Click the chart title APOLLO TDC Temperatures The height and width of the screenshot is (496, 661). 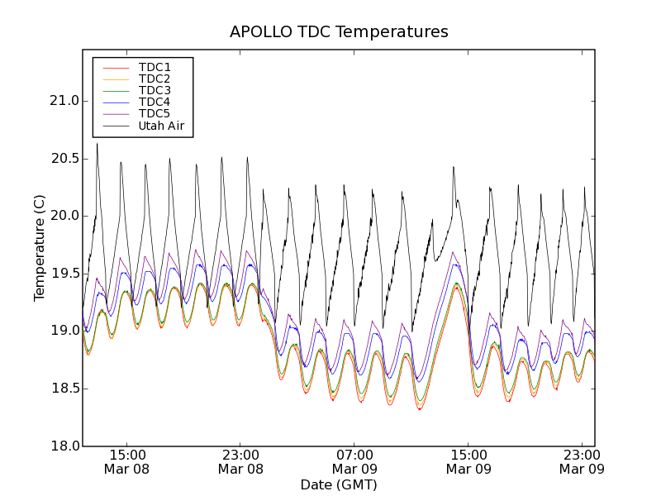tap(339, 32)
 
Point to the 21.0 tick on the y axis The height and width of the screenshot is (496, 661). tap(63, 101)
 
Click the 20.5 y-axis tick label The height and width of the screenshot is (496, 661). tap(63, 159)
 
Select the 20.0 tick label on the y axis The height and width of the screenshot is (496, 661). tap(63, 216)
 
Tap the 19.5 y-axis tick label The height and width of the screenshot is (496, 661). tap(63, 274)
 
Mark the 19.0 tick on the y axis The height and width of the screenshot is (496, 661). tap(63, 331)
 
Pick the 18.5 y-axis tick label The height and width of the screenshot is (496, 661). tap(63, 389)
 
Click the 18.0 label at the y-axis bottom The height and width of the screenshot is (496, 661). tap(63, 446)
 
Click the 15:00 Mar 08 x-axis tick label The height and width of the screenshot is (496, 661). tap(126, 461)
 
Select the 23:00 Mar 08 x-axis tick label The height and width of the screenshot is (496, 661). tap(240, 461)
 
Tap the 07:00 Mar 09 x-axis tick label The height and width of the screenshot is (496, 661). tap(354, 461)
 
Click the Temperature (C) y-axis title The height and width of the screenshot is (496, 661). tap(40, 248)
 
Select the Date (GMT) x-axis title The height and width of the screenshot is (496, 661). tap(339, 484)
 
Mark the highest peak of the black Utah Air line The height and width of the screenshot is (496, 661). tap(97, 144)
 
